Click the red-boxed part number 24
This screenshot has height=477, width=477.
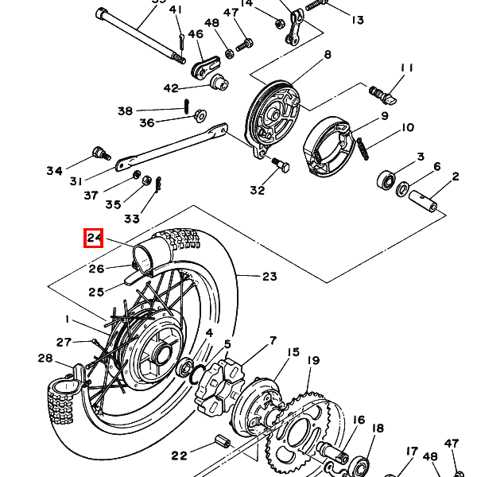[x=94, y=238]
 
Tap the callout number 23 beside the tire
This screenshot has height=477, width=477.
[x=270, y=277]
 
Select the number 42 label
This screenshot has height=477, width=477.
[x=171, y=88]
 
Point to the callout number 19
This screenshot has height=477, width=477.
[x=313, y=361]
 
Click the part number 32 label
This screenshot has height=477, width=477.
[x=258, y=191]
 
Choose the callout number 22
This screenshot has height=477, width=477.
[x=179, y=456]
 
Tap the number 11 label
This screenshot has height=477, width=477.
[x=407, y=68]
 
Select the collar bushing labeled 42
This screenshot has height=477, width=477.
[x=219, y=82]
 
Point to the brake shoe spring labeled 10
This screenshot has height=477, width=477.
[x=363, y=149]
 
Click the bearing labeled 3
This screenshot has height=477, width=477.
[x=386, y=179]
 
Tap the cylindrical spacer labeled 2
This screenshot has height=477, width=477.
[x=424, y=200]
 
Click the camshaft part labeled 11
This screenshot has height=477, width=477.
[x=382, y=95]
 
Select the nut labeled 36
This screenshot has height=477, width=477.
[x=200, y=116]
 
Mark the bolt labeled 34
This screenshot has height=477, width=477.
[x=101, y=153]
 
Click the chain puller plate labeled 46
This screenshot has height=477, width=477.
[x=205, y=68]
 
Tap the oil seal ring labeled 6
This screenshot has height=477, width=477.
[x=402, y=188]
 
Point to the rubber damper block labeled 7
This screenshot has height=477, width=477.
[x=219, y=385]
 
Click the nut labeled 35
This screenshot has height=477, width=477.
[x=146, y=180]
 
